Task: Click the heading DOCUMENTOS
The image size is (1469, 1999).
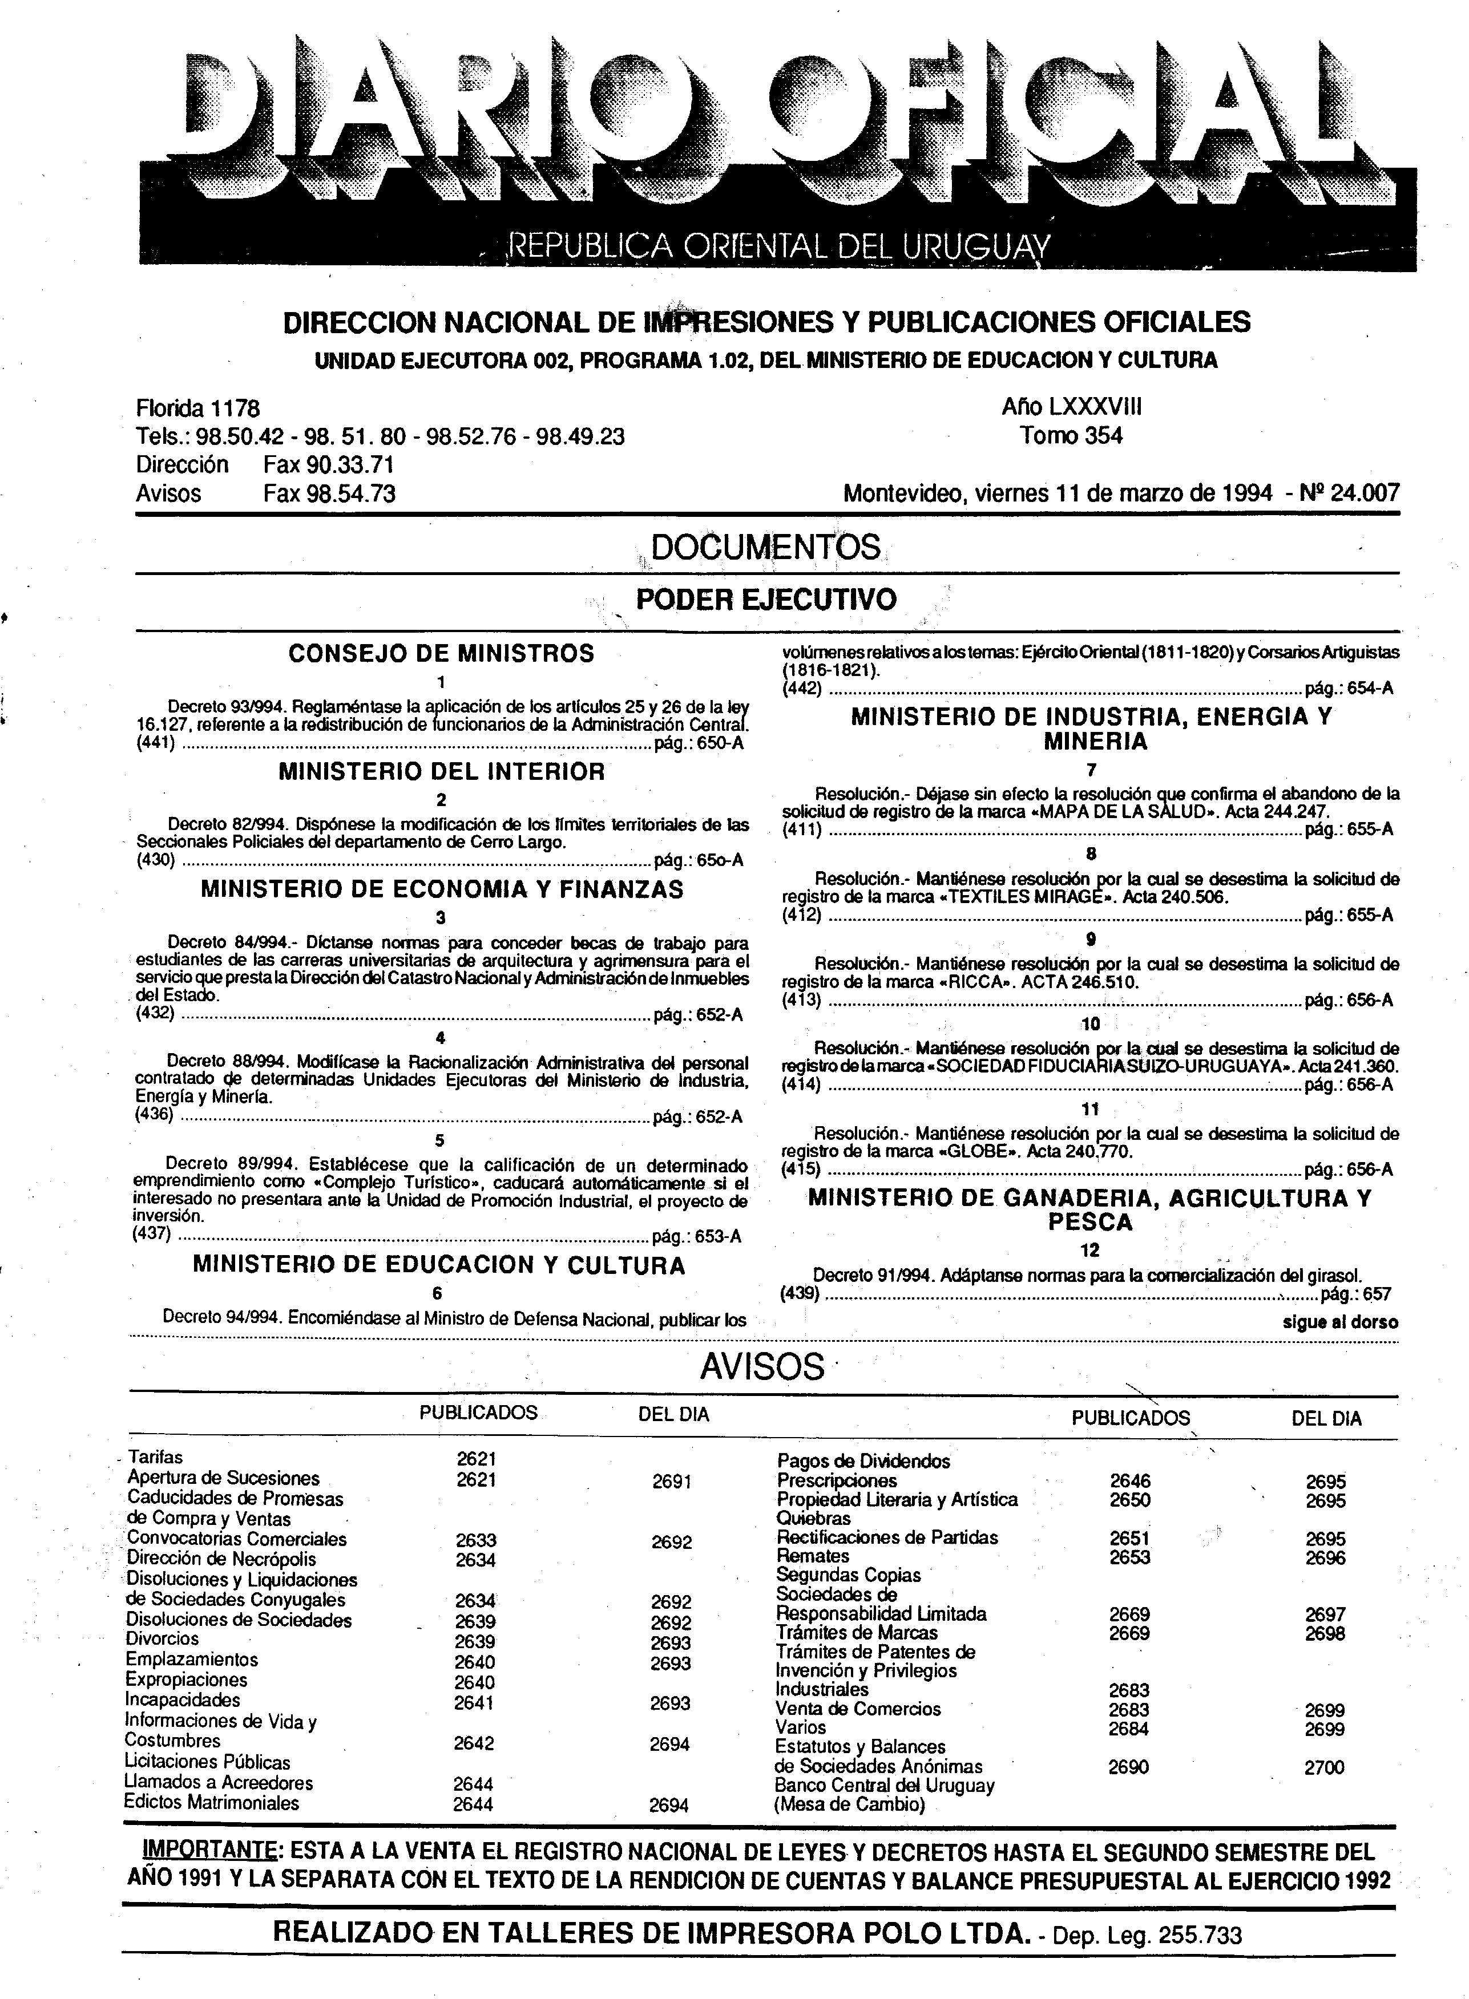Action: [x=766, y=547]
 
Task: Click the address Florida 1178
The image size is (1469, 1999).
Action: [x=197, y=409]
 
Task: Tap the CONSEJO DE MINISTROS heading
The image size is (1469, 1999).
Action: [x=441, y=654]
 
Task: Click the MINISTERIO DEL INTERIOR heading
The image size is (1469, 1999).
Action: [x=441, y=771]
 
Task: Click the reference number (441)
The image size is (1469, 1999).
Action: [x=156, y=745]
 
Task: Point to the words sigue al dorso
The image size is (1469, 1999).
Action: [x=1340, y=1322]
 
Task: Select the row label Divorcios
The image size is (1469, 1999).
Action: [x=163, y=1639]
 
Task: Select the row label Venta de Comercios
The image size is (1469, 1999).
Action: [x=858, y=1709]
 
